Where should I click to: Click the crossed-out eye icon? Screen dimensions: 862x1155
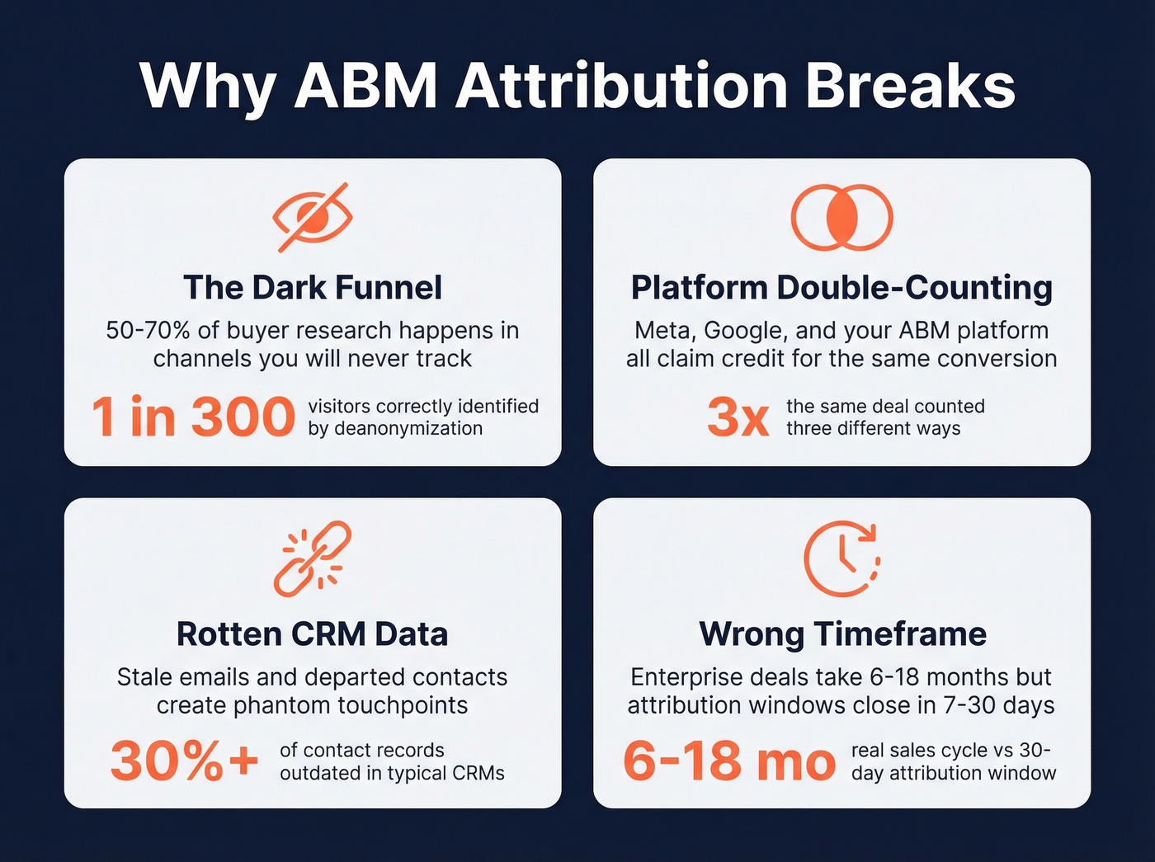tap(313, 217)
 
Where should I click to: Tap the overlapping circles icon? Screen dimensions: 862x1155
tap(841, 217)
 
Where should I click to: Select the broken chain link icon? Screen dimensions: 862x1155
tap(313, 558)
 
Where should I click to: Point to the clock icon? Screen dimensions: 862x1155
tap(841, 558)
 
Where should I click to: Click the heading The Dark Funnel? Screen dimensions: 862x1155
tap(313, 288)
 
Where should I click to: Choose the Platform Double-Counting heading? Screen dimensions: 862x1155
tap(841, 288)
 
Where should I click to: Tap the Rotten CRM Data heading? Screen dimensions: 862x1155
tap(313, 634)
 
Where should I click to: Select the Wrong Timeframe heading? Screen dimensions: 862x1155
tap(842, 634)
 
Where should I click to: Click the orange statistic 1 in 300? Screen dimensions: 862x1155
tap(193, 417)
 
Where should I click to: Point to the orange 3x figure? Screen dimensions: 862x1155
tap(738, 417)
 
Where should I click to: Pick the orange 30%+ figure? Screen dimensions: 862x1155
tap(185, 761)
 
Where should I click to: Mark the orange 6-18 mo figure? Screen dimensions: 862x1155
tap(729, 761)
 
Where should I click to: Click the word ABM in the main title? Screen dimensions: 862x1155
tap(365, 85)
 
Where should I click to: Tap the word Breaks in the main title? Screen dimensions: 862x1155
tap(910, 85)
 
